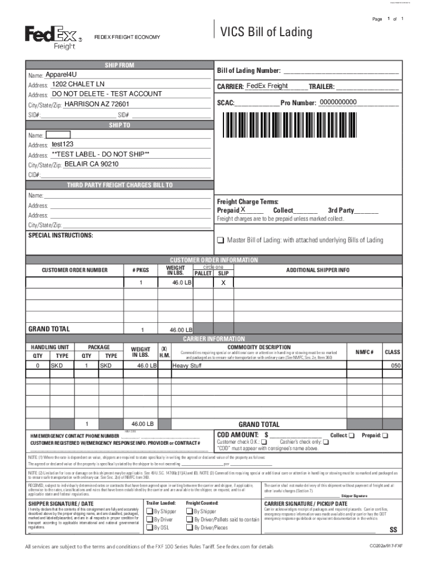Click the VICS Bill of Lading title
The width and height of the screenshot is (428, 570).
(x=266, y=32)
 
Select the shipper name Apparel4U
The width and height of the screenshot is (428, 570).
(x=62, y=75)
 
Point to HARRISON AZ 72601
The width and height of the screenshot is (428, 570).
(x=97, y=104)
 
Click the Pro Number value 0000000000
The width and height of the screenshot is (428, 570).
(x=342, y=102)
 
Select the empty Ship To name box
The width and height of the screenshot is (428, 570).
(x=58, y=134)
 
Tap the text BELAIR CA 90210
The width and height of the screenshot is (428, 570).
(x=91, y=164)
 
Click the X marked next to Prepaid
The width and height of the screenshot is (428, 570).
(x=243, y=210)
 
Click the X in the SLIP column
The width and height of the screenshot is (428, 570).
(x=223, y=283)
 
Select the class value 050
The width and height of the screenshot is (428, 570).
(x=395, y=366)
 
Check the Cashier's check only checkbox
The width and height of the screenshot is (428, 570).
(x=326, y=442)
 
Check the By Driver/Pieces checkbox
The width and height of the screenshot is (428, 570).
(x=190, y=528)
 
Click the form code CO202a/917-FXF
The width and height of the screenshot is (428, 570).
(x=386, y=546)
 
